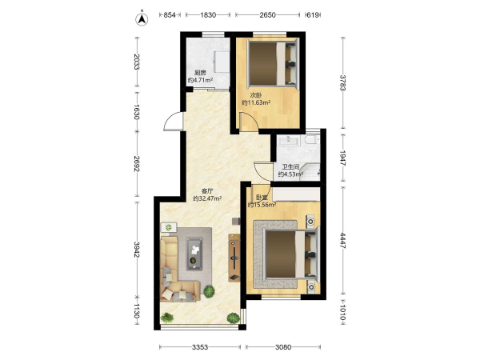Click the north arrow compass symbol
(x=142, y=19)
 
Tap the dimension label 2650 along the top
(x=267, y=15)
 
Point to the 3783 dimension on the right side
(x=343, y=83)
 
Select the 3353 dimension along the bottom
(x=200, y=347)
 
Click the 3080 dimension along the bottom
(x=283, y=347)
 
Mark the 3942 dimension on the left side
(x=137, y=250)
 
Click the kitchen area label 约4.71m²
(x=201, y=81)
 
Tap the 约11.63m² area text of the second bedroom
(x=256, y=103)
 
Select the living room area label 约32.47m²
(x=207, y=198)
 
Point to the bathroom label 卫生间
(x=290, y=167)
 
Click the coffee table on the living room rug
(x=194, y=254)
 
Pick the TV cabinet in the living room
(x=234, y=258)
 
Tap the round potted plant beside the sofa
(x=209, y=291)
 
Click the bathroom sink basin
(x=289, y=140)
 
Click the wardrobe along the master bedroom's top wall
(x=296, y=194)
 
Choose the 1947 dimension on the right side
(x=343, y=158)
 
